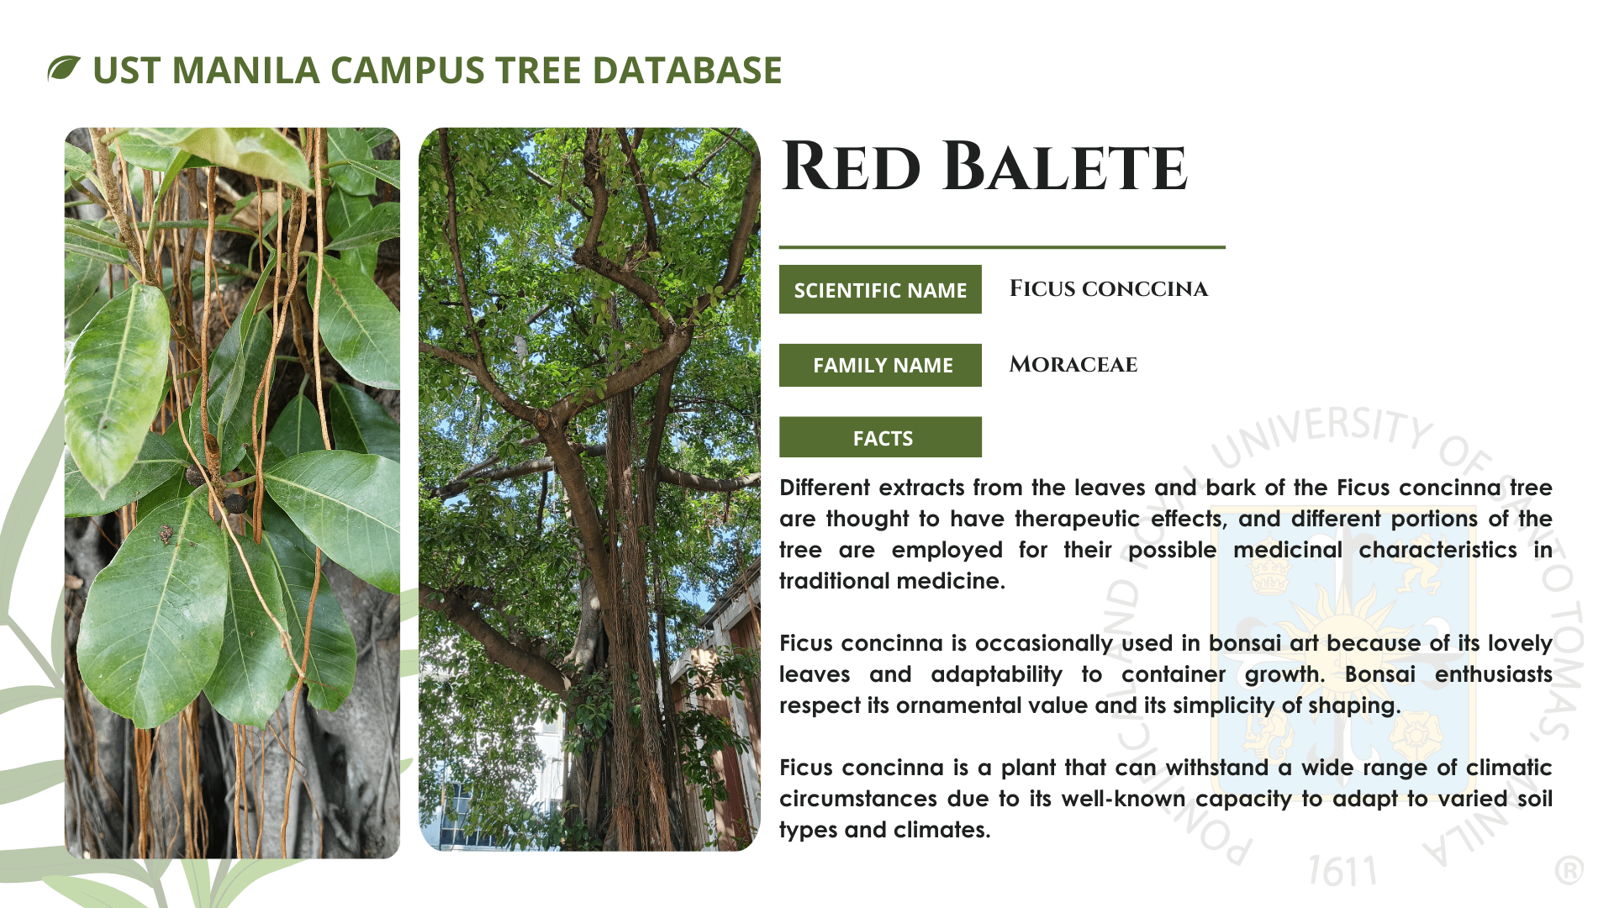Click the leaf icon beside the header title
[x=64, y=68]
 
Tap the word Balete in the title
[x=1064, y=166]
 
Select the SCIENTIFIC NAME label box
[x=880, y=289]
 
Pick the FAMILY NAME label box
[x=880, y=365]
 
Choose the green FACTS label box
[x=880, y=437]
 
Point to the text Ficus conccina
[x=1108, y=288]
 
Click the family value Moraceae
[x=1073, y=364]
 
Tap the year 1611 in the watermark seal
[x=1342, y=871]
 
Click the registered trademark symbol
[x=1569, y=871]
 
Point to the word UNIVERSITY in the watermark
[x=1324, y=433]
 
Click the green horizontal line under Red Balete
[x=1002, y=247]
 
